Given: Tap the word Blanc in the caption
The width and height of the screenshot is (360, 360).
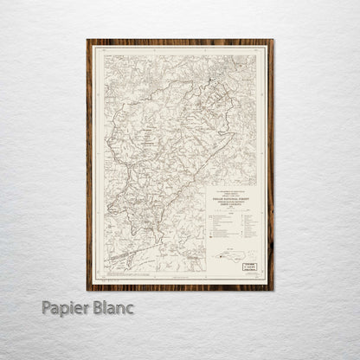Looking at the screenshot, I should (x=114, y=308).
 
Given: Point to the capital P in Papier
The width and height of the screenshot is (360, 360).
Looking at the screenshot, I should (x=47, y=308).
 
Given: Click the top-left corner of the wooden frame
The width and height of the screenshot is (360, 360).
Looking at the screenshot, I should (x=87, y=40).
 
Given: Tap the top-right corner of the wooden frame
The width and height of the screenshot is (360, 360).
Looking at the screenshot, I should (x=273, y=40).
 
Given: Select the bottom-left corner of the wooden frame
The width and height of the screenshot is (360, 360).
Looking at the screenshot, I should (x=87, y=289).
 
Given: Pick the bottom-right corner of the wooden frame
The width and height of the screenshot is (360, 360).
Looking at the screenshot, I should (x=273, y=289).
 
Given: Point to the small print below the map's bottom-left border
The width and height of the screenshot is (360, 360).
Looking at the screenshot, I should (x=112, y=279).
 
